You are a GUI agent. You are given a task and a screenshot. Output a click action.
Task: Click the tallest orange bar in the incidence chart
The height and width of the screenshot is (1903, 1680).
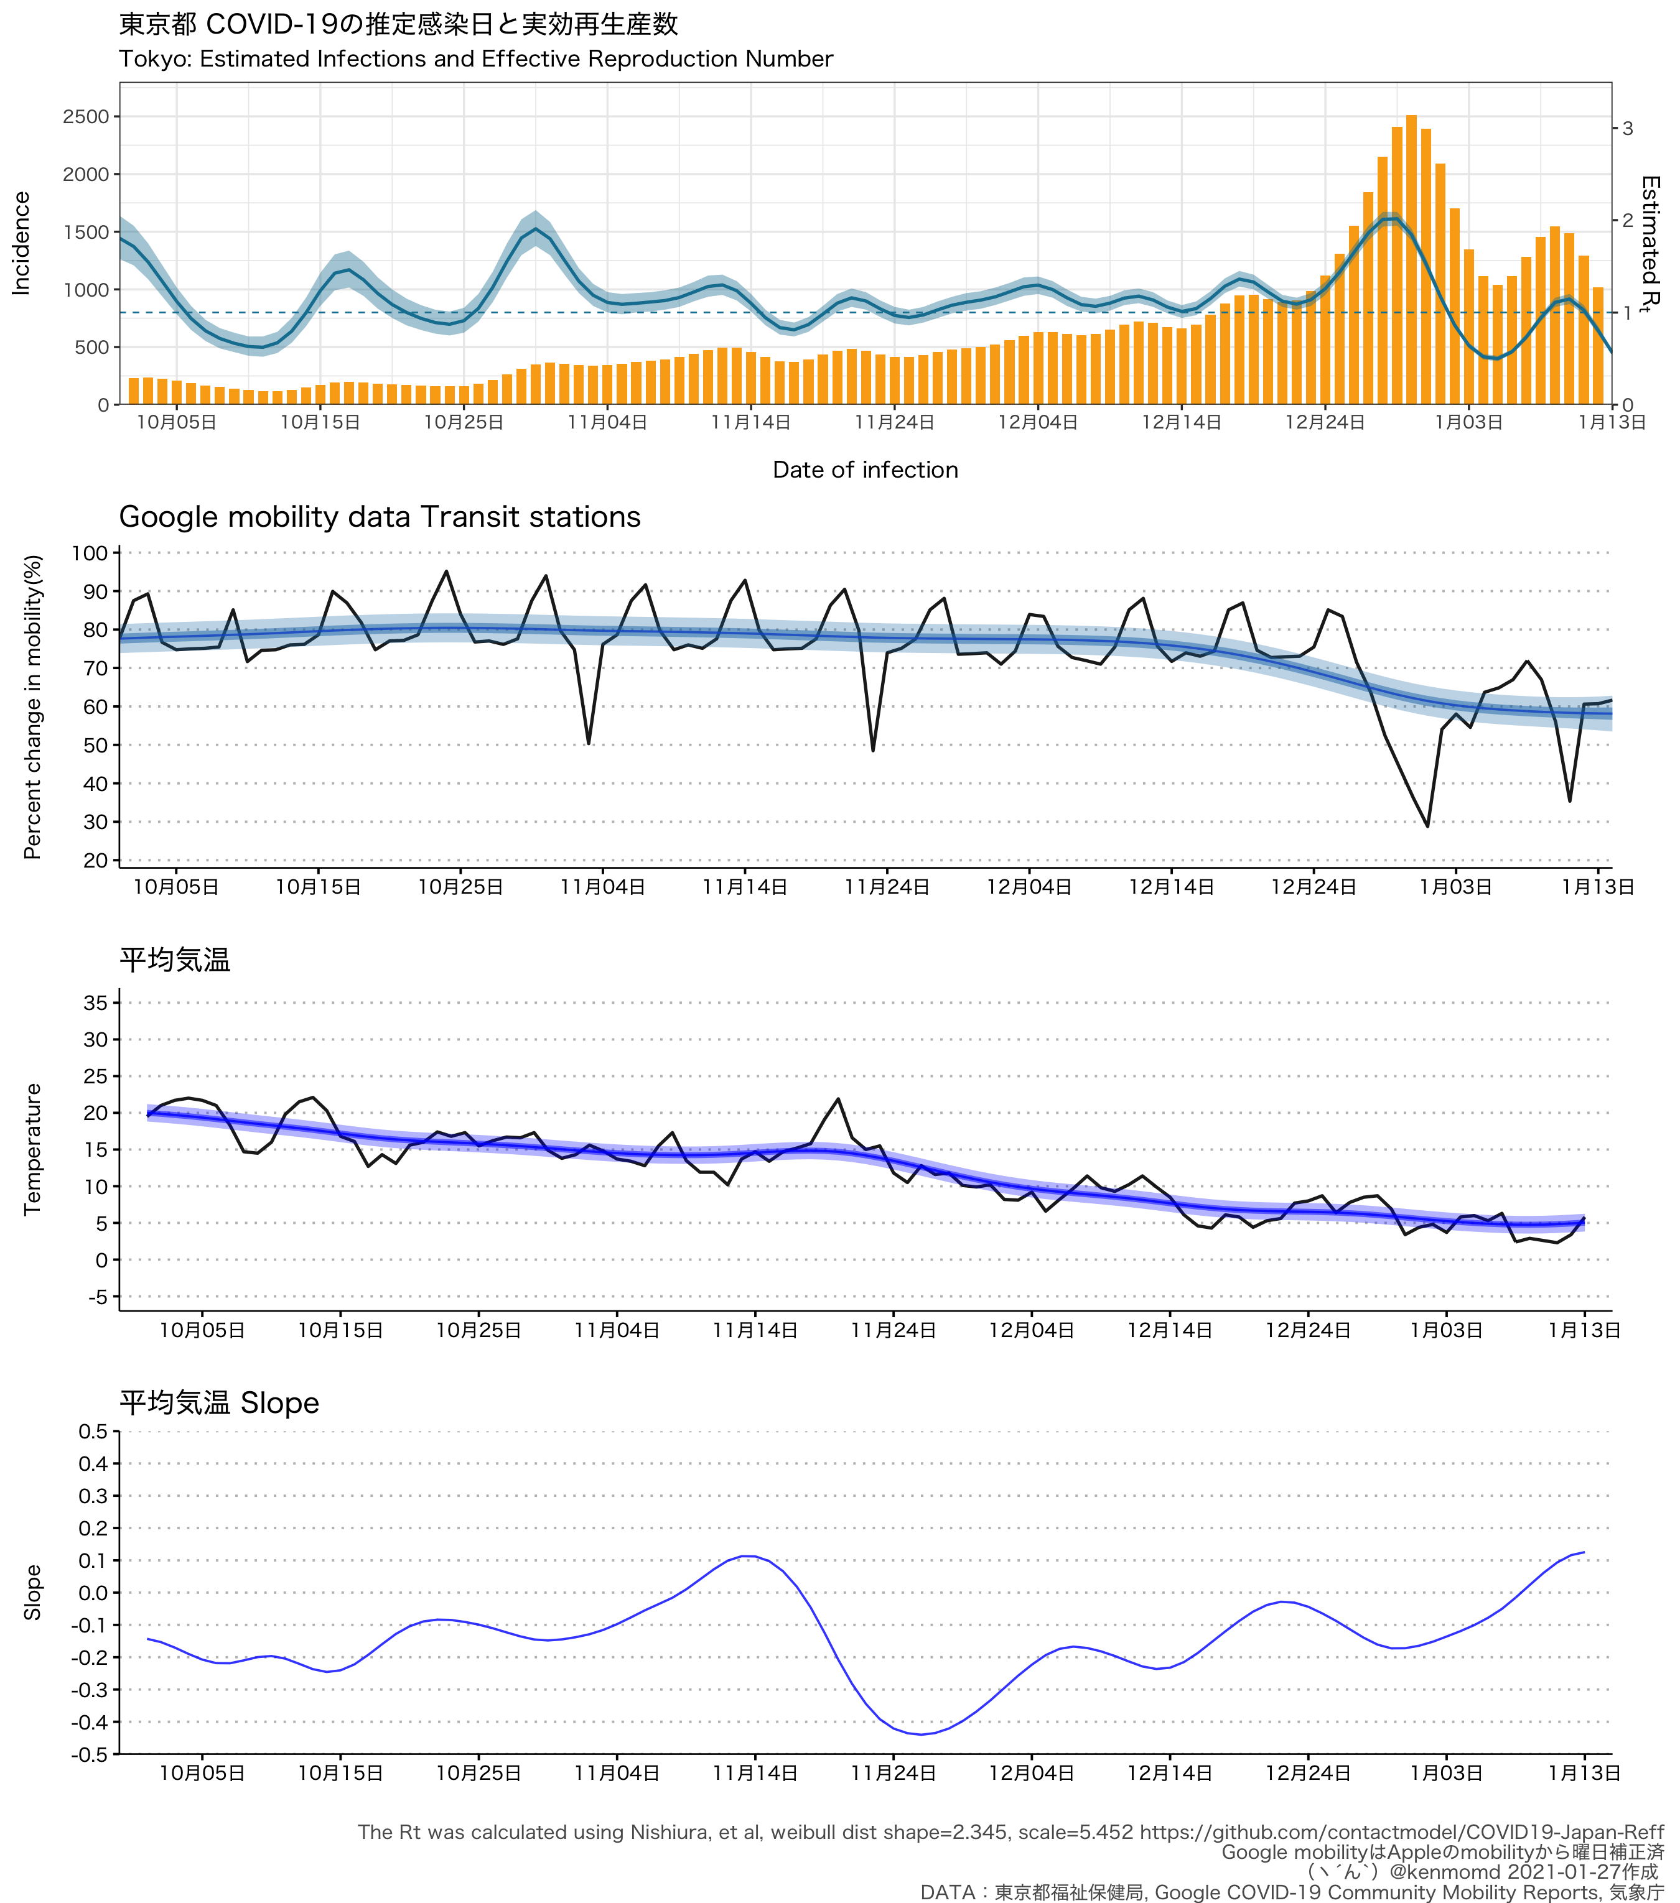coord(1411,260)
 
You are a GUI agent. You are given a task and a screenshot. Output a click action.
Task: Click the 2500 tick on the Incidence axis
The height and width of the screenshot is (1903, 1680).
coord(86,116)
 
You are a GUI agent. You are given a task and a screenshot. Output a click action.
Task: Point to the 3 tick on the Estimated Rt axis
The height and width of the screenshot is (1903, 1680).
coord(1627,129)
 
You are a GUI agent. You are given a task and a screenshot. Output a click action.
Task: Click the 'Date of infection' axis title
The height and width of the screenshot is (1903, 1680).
coord(865,470)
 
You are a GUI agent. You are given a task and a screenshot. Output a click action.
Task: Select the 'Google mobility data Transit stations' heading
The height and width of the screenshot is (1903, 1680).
coord(380,517)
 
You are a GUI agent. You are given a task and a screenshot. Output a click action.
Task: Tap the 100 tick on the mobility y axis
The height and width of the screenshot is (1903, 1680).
coord(90,553)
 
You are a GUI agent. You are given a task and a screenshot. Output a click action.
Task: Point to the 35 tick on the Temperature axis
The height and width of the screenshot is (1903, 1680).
coord(96,1002)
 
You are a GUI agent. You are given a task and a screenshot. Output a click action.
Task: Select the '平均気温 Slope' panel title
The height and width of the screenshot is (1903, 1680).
coord(219,1403)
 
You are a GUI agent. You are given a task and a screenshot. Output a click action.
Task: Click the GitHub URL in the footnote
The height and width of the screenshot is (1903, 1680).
coord(1401,1832)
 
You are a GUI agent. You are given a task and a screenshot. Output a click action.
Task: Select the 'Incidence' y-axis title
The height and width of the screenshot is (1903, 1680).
coord(21,243)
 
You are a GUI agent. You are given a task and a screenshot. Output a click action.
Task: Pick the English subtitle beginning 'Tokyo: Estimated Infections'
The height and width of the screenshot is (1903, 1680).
coord(476,58)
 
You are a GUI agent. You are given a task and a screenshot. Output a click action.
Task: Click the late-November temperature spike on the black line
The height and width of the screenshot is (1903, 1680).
coord(839,1100)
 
